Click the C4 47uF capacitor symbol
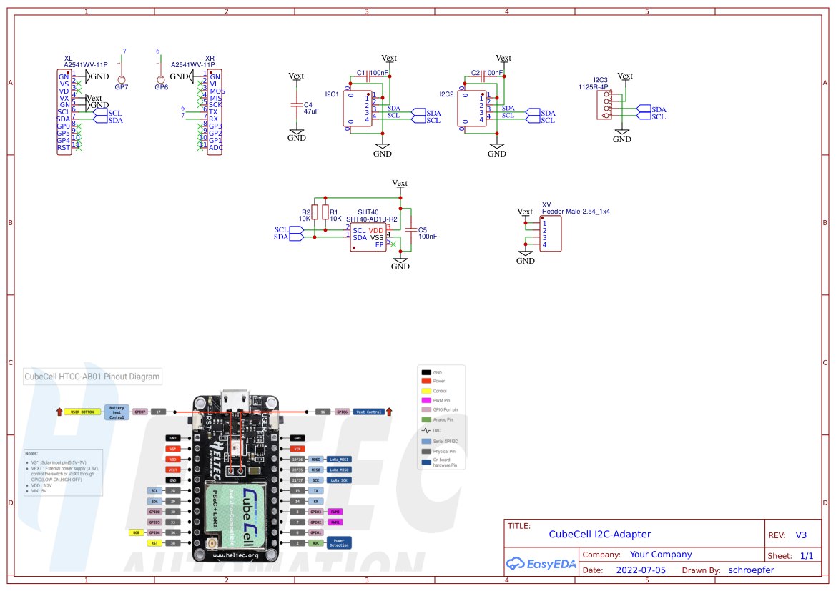[x=296, y=104]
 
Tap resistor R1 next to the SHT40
[x=325, y=213]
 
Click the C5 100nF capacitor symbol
[x=410, y=229]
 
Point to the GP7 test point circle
[x=122, y=79]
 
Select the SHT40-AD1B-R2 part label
[x=371, y=219]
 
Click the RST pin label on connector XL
[x=64, y=148]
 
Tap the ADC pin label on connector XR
[x=215, y=148]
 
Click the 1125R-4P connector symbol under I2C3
[x=607, y=104]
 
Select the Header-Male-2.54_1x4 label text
[x=576, y=212]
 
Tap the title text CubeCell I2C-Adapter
[x=599, y=534]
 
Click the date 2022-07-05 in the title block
[x=640, y=570]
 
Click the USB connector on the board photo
[x=235, y=400]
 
